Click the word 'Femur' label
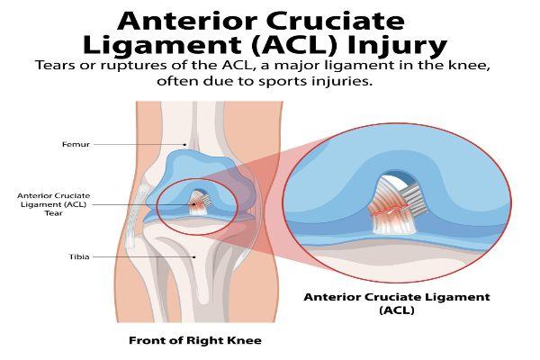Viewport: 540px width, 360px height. [76, 144]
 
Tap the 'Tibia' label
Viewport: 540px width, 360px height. [79, 256]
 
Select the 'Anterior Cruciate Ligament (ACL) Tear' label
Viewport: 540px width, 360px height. [54, 204]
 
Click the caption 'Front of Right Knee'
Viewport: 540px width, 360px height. [195, 340]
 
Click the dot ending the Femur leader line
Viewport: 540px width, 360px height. [184, 145]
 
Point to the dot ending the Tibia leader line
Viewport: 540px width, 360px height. [194, 257]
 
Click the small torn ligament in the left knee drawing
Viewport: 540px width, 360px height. [198, 202]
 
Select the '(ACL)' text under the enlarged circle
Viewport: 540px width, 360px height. [397, 310]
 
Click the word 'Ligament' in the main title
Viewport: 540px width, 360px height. [162, 46]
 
